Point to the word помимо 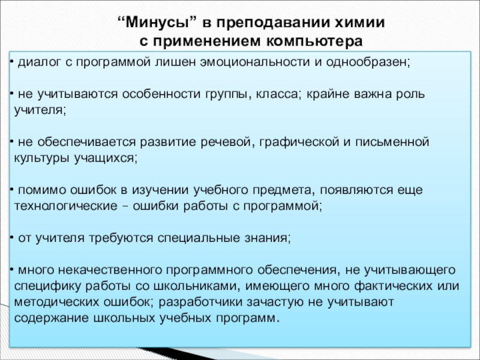click(x=39, y=190)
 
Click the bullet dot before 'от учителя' click(x=13, y=238)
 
